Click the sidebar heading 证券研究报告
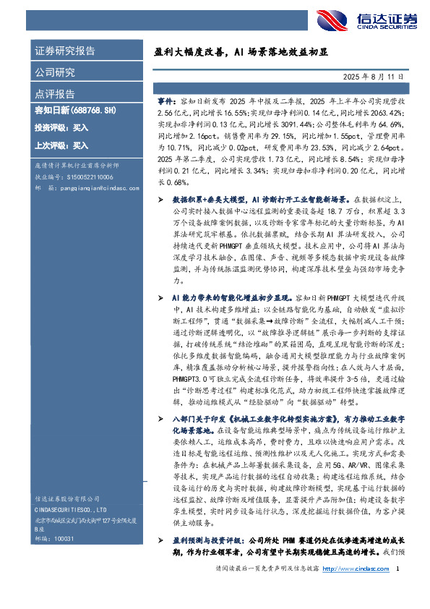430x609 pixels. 64,51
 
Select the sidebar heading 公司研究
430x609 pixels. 55,72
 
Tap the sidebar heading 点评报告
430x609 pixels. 55,94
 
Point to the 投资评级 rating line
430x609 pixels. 61,128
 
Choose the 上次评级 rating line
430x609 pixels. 61,145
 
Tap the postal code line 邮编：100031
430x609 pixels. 50,540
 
